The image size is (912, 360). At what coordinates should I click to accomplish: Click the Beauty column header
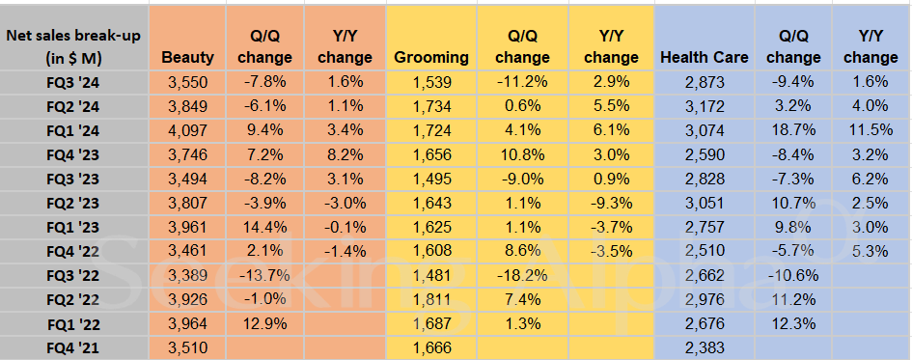tap(188, 57)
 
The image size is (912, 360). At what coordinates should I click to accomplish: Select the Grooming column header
tap(431, 57)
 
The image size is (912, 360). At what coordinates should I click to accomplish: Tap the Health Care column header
tap(705, 57)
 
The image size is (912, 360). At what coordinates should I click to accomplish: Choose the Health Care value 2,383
tap(705, 346)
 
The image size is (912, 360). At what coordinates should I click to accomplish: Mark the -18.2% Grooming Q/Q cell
tap(521, 274)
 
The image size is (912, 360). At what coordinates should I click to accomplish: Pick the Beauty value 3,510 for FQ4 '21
tap(188, 346)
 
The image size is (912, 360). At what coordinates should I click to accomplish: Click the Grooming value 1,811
tap(431, 298)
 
